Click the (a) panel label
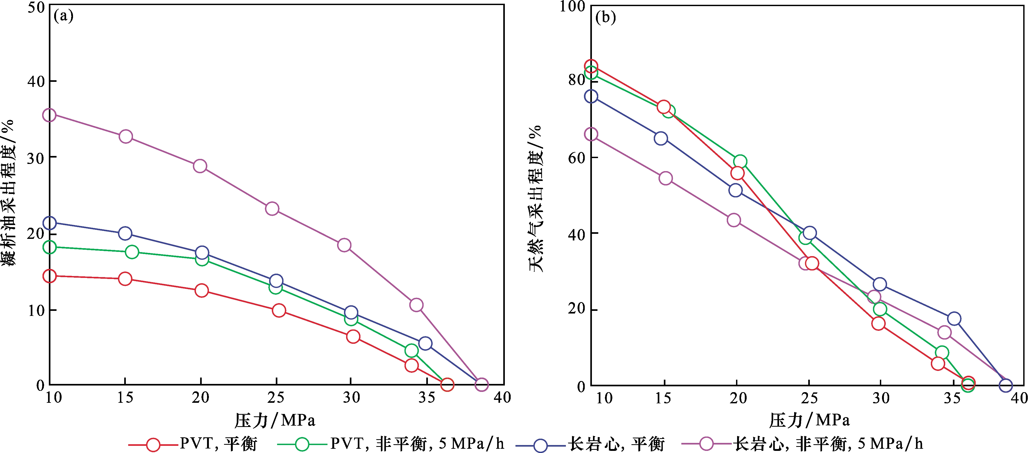63,16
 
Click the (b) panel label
605,17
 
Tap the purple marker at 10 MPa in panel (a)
49,115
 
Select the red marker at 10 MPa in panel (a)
49,276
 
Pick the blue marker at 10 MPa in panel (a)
49,223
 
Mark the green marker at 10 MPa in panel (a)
49,247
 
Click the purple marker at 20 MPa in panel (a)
200,166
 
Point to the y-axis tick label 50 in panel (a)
36,7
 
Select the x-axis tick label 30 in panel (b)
881,398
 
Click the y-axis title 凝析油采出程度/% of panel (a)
8,192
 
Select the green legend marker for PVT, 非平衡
302,444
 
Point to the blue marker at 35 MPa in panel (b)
954,319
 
